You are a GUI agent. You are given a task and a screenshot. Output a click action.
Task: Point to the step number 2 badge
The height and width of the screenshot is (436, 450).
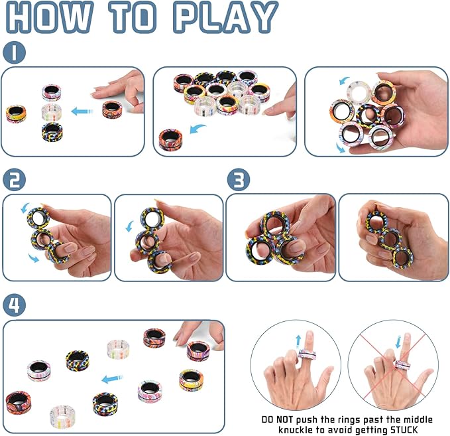tap(15, 180)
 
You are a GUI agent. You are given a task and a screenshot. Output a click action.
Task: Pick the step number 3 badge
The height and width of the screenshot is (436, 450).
tap(239, 180)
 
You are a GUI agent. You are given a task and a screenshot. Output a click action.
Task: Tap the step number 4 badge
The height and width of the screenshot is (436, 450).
tap(15, 306)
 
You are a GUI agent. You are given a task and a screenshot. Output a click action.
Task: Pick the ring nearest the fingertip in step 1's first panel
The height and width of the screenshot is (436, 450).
tap(112, 109)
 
